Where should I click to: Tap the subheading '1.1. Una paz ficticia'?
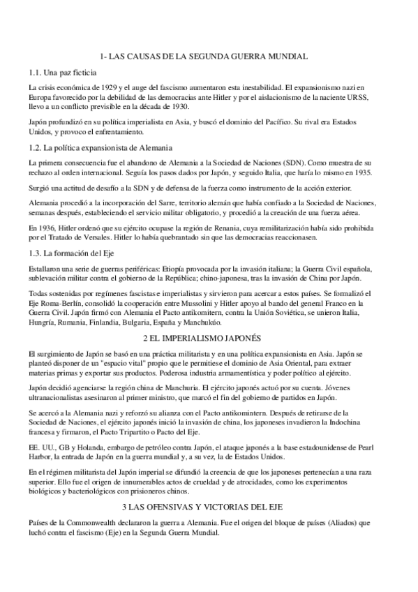click(x=62, y=71)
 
